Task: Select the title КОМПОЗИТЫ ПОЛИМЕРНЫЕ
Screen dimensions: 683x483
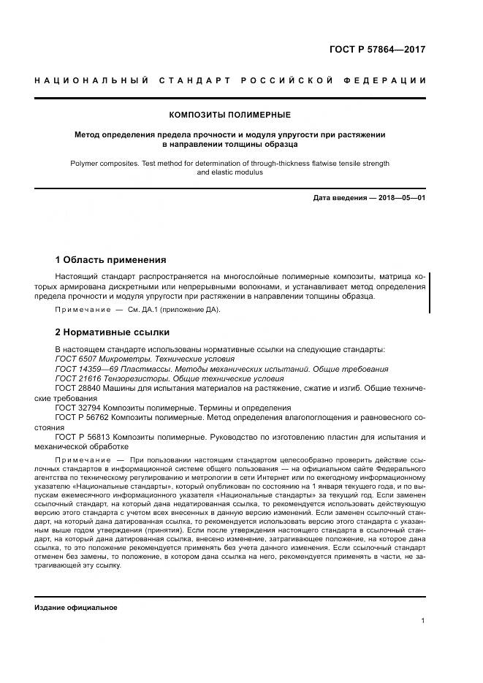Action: (x=230, y=115)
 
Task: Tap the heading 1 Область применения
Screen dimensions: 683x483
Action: (x=111, y=259)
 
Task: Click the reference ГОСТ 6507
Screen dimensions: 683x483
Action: (x=75, y=359)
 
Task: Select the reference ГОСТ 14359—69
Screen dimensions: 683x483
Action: (x=83, y=370)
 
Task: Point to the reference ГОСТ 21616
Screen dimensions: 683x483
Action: (x=77, y=379)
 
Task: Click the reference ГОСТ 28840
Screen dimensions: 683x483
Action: (x=77, y=389)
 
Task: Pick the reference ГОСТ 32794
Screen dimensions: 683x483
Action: (x=77, y=408)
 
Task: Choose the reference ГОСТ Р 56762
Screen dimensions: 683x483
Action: (x=82, y=417)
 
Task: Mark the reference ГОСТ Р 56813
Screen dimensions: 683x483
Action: (x=82, y=436)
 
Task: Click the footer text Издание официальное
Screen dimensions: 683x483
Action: (x=75, y=608)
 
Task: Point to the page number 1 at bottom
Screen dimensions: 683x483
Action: (x=423, y=620)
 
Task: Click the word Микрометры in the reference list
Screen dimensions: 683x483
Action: (x=121, y=359)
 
